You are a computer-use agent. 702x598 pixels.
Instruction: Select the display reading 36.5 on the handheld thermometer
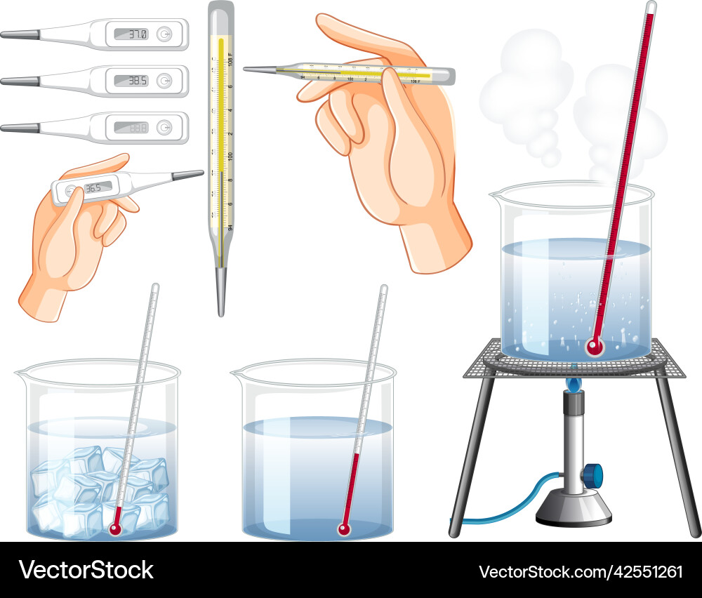coord(93,188)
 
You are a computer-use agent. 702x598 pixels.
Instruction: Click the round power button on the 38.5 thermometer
coord(164,81)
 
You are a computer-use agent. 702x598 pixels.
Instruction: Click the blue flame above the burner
coord(574,383)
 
